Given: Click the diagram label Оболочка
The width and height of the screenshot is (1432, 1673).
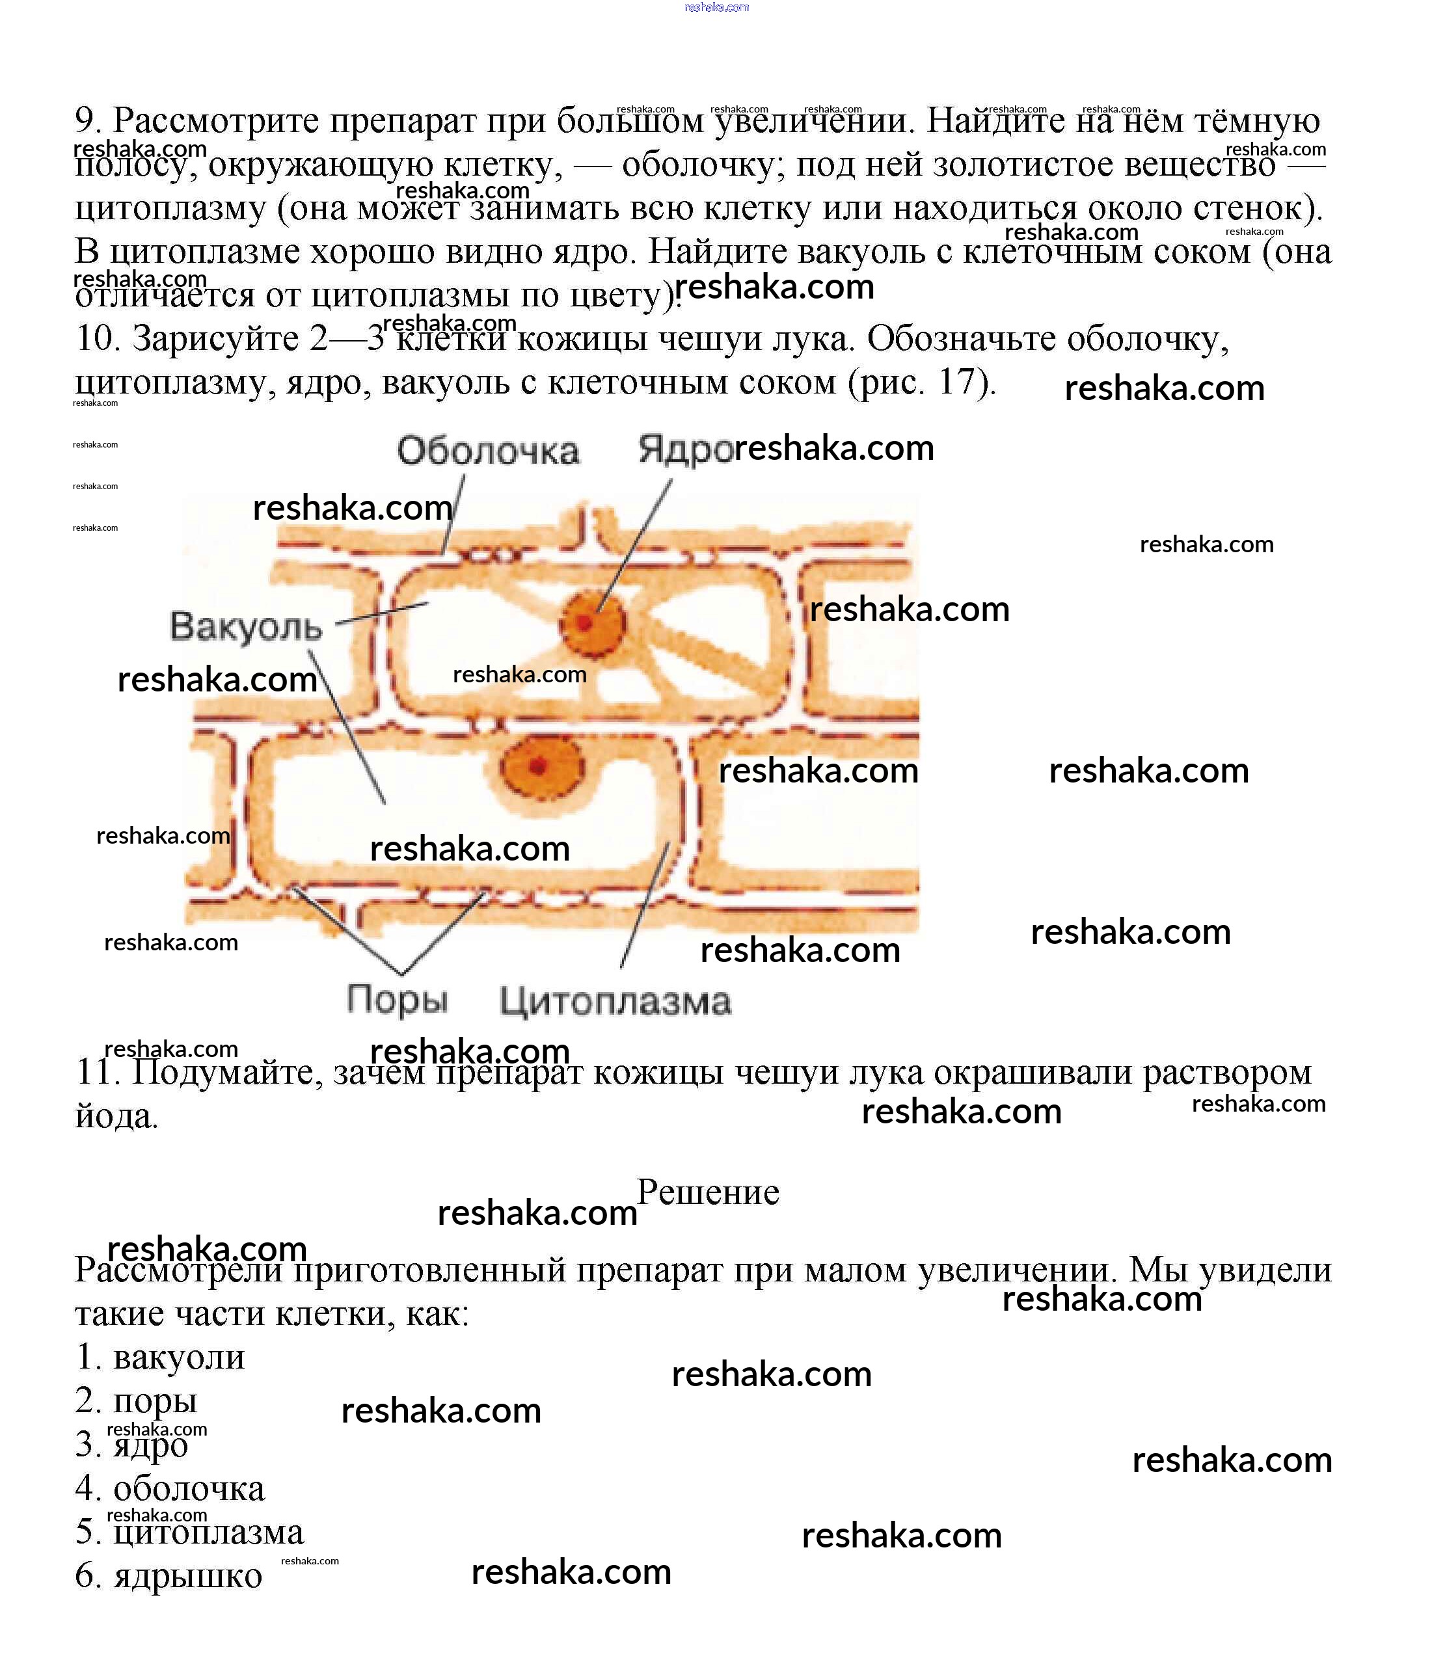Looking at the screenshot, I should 488,451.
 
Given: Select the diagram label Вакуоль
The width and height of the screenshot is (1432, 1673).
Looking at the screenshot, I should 245,626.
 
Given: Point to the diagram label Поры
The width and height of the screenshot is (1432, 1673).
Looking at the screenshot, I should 397,1000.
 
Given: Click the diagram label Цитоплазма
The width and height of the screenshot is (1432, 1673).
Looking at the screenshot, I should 615,1001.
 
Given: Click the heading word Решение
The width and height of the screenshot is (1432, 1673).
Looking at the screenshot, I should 707,1192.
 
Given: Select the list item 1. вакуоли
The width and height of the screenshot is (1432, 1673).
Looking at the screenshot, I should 160,1356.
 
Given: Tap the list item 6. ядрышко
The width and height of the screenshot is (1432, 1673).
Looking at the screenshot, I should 169,1575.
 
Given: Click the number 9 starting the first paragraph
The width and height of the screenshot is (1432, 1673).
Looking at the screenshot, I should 86,121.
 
